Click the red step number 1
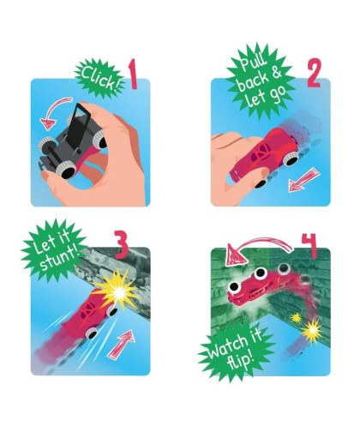(133, 75)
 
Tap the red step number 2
(315, 73)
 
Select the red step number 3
(122, 245)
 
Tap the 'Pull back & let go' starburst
(261, 81)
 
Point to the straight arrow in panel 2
(303, 180)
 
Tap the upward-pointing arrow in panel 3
(122, 344)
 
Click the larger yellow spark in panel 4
(312, 331)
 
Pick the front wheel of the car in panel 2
(291, 159)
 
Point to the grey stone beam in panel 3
(120, 274)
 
